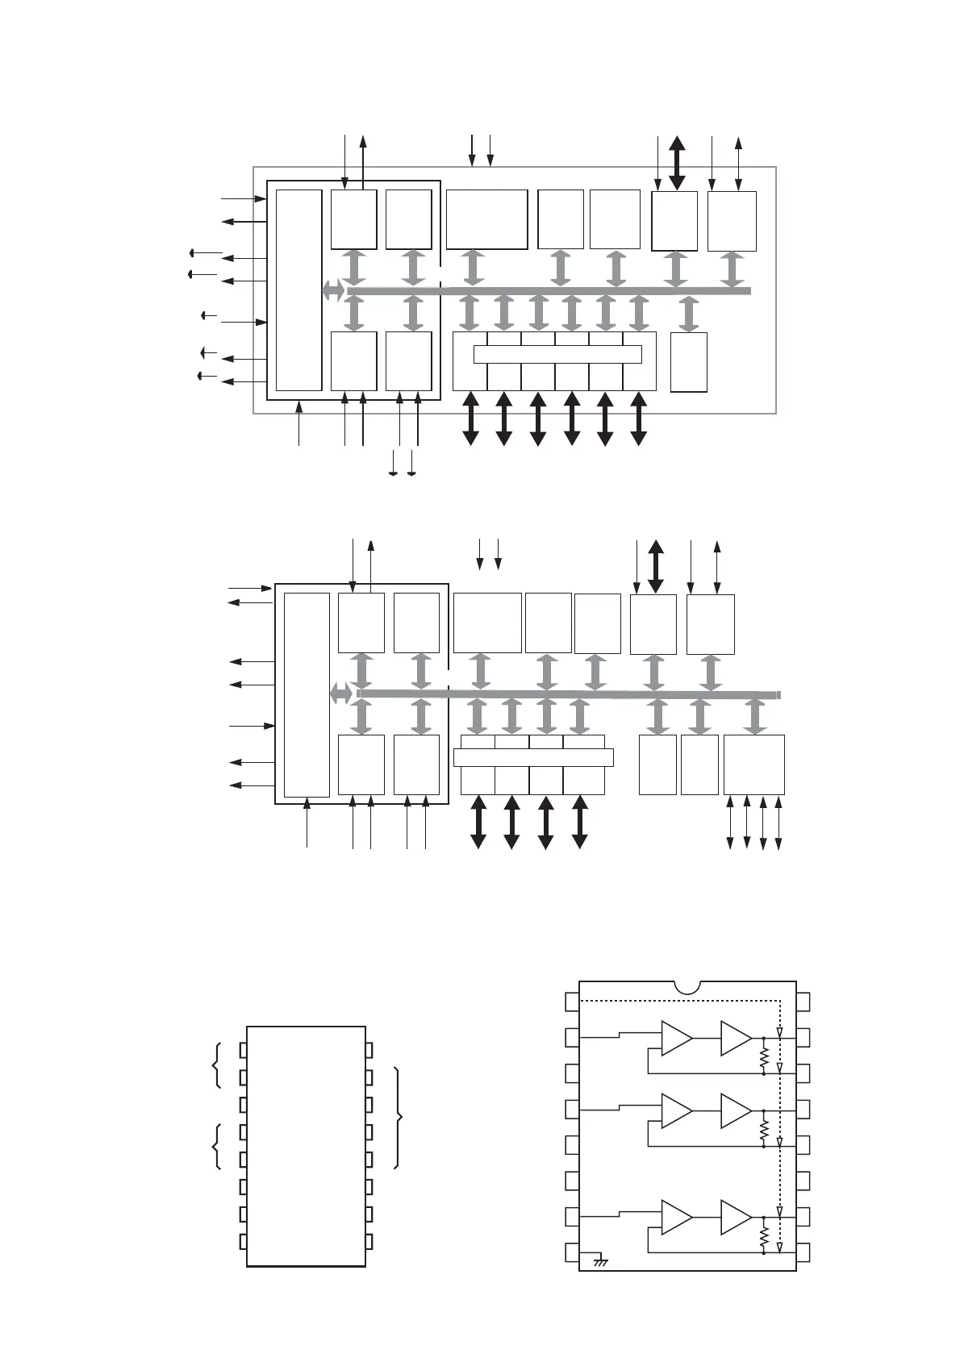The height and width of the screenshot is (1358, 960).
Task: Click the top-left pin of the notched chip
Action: click(x=571, y=1002)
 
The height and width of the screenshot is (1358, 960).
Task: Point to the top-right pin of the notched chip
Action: click(x=803, y=1002)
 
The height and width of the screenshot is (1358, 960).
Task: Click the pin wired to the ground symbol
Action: click(x=571, y=1253)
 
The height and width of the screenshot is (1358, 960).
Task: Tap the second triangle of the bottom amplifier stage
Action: click(x=735, y=1217)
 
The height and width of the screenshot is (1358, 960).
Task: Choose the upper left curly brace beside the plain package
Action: click(x=215, y=1064)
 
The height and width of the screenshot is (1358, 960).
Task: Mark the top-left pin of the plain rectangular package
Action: click(x=243, y=1049)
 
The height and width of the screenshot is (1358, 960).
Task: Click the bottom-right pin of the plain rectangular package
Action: click(x=369, y=1242)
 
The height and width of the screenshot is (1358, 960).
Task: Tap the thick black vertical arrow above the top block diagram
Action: click(x=677, y=164)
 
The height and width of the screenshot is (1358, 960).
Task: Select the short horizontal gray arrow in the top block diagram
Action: click(x=332, y=290)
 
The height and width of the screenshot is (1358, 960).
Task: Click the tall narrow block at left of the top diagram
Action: click(x=298, y=290)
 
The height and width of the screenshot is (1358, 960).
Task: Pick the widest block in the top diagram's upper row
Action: click(x=486, y=219)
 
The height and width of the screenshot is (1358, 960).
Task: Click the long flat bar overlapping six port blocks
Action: click(x=557, y=354)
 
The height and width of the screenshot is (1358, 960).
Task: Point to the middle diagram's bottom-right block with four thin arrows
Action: click(x=753, y=764)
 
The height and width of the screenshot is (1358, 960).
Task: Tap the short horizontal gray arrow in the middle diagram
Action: click(x=341, y=692)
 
